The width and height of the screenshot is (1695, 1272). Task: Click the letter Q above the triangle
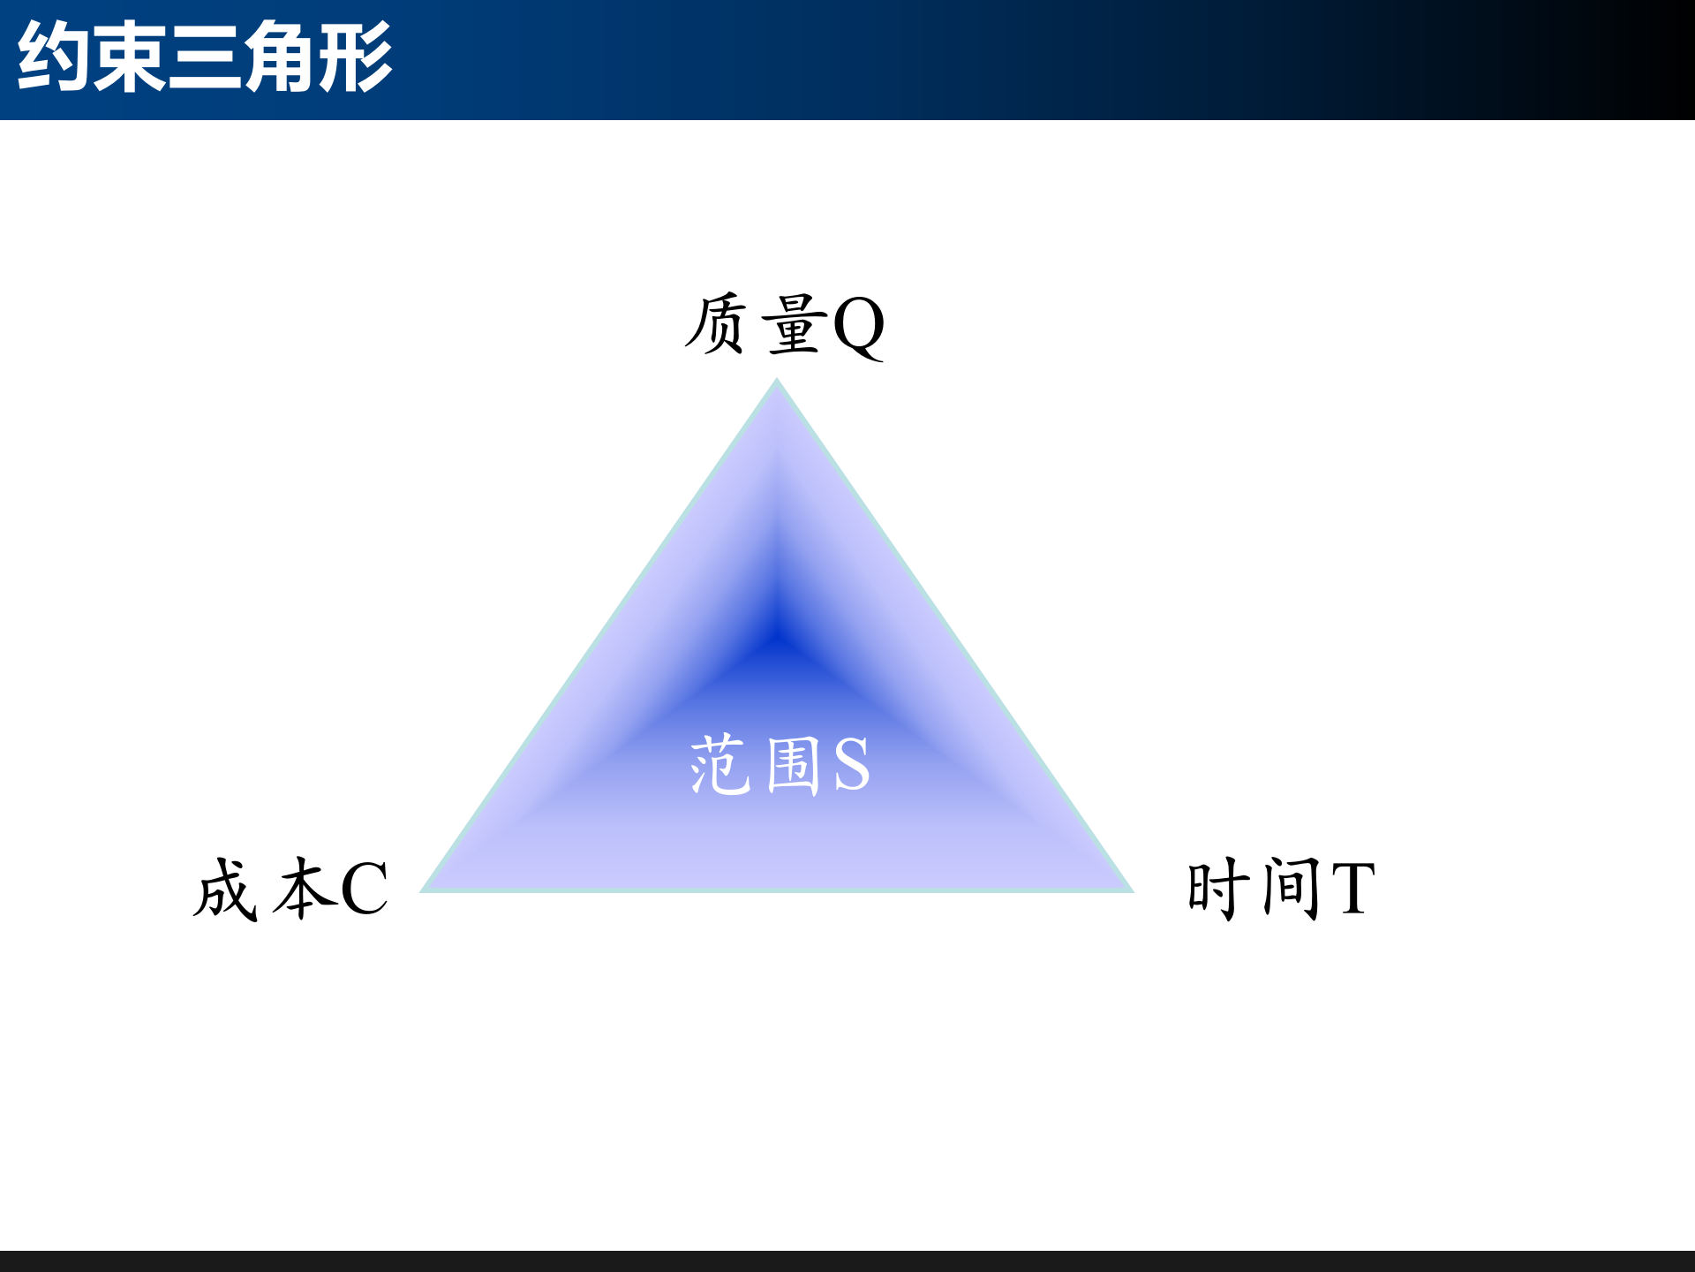tap(858, 325)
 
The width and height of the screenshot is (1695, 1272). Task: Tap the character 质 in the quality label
tap(716, 324)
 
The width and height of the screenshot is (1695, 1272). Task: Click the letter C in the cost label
tap(364, 889)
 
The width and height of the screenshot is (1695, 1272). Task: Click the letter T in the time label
tap(1353, 889)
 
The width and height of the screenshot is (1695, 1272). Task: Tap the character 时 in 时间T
tap(1218, 888)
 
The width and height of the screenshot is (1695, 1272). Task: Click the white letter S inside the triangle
tap(851, 765)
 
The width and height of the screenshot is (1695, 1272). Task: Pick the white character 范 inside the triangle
tap(719, 765)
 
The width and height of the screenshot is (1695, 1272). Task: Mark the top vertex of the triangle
tap(777, 381)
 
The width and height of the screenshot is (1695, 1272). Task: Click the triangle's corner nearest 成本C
tap(424, 890)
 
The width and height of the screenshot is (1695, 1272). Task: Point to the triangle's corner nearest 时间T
tap(1131, 890)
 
